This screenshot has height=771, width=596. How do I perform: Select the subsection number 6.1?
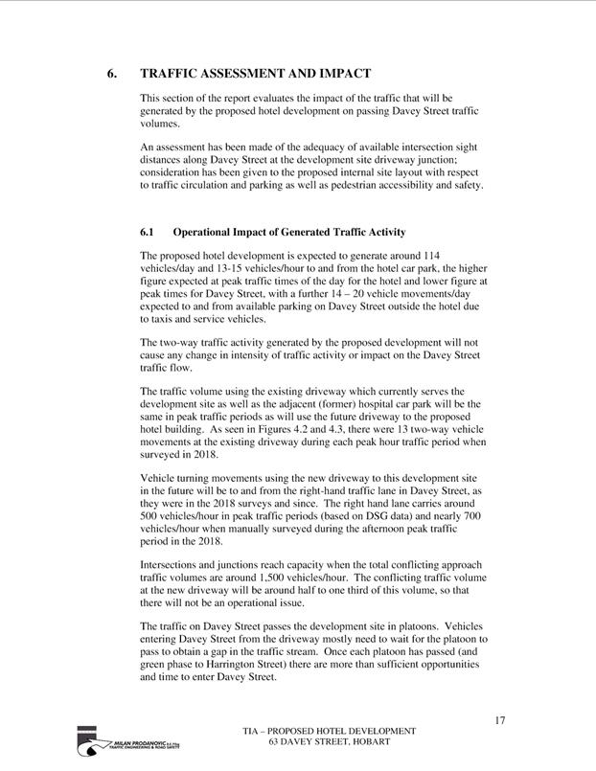coord(148,233)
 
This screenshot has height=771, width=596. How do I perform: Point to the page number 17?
coord(499,719)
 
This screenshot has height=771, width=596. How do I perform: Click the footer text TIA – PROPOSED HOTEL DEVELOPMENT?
coord(329,732)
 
